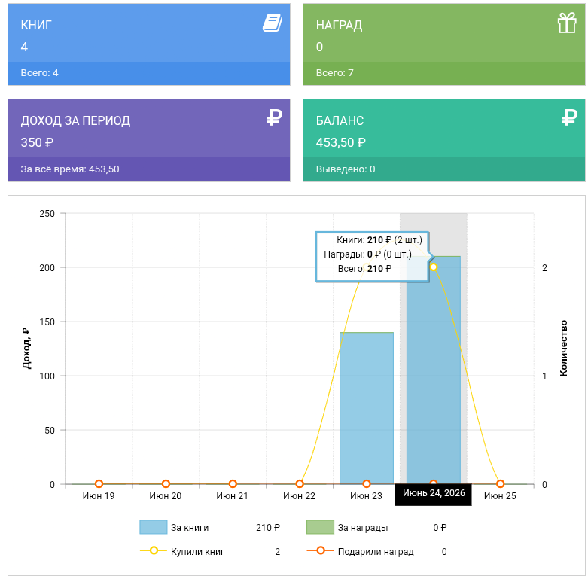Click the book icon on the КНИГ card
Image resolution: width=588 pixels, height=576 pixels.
(x=273, y=23)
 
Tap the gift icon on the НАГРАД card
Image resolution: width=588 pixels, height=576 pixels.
(x=567, y=23)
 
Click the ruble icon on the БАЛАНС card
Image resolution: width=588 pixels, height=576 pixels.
(x=570, y=117)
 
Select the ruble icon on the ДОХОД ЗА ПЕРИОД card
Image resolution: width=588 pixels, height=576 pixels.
(x=274, y=117)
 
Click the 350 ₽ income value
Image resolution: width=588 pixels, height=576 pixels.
(x=37, y=142)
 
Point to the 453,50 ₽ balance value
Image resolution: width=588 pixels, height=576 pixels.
(x=340, y=142)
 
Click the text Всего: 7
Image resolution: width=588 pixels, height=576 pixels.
(x=334, y=73)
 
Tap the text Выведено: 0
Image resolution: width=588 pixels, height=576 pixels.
(x=346, y=169)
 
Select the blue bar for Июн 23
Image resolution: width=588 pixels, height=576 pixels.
(x=367, y=408)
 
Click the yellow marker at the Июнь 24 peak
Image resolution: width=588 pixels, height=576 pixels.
(x=434, y=267)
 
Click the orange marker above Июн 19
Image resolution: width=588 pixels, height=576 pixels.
(x=99, y=484)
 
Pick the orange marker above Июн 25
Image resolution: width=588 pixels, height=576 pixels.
(x=500, y=484)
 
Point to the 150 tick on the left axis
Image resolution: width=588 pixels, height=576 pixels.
(x=47, y=322)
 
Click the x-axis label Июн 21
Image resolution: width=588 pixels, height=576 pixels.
(x=232, y=496)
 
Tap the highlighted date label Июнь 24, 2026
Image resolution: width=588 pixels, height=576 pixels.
(x=434, y=493)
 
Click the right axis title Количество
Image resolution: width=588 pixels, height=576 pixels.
(x=564, y=349)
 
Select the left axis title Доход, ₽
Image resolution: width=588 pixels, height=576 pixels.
(x=26, y=349)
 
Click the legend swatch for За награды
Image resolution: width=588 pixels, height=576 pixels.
(x=320, y=527)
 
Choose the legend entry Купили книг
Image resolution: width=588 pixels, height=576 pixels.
(x=197, y=552)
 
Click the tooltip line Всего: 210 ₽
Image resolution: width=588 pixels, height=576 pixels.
(x=364, y=269)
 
